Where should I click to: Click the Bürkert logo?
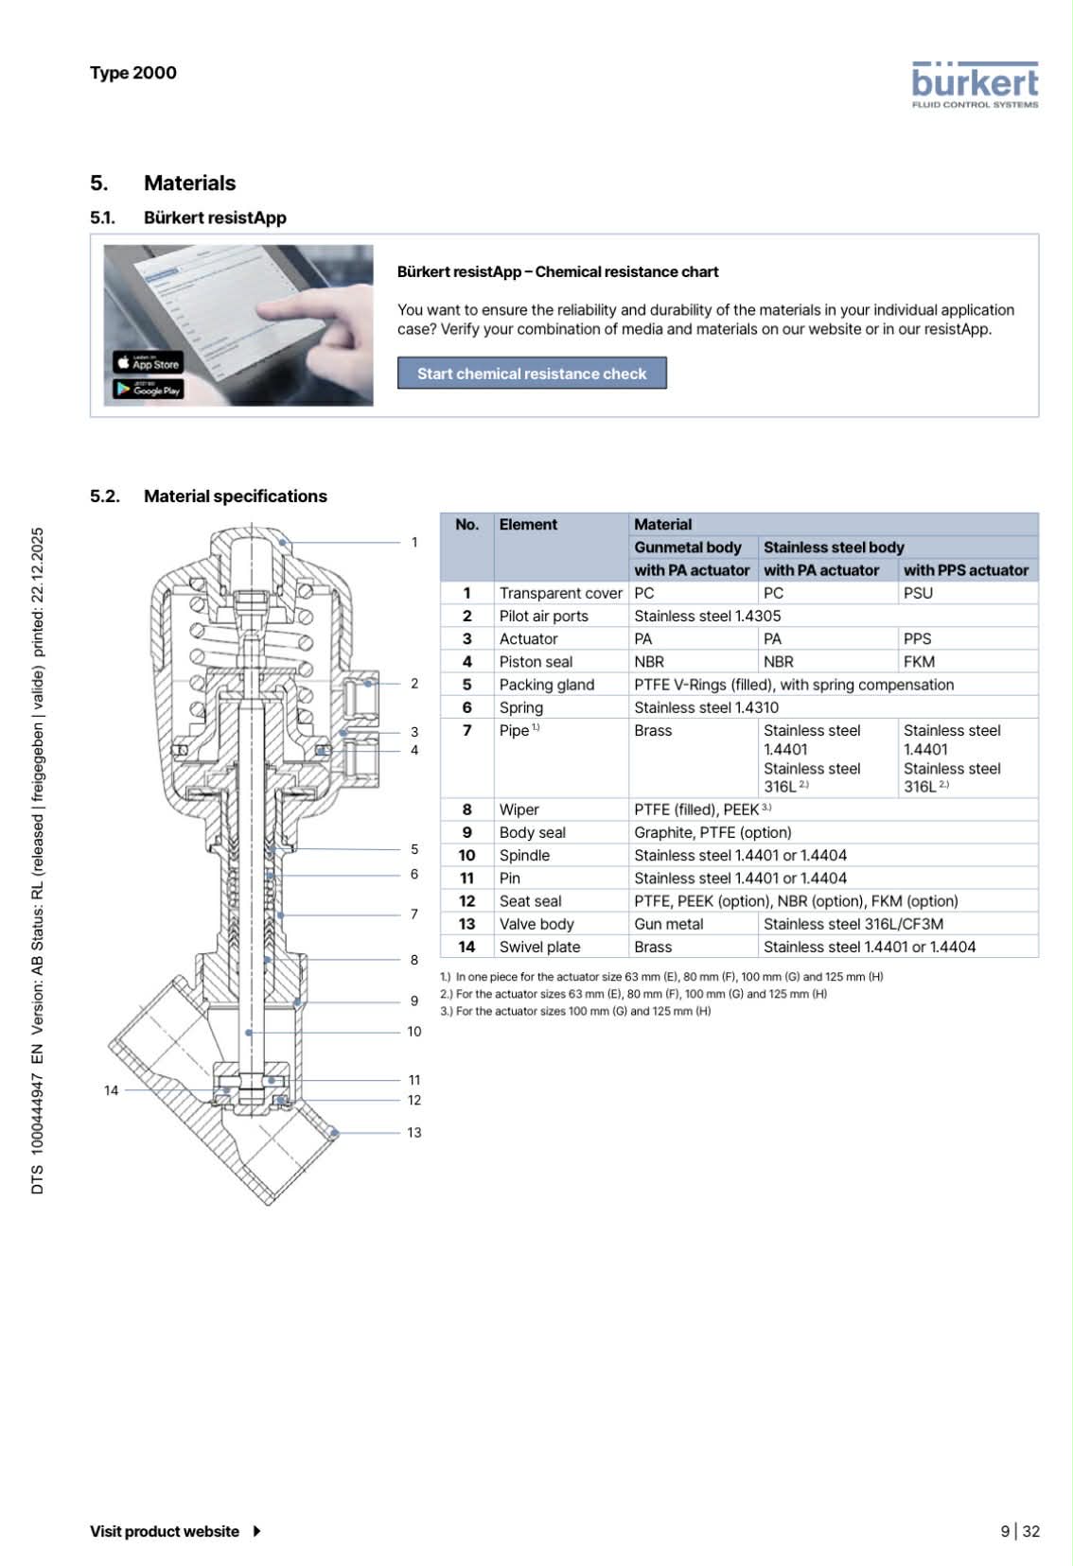point(975,85)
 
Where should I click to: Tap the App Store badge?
point(149,363)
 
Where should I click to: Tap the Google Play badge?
point(149,389)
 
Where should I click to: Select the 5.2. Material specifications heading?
point(208,496)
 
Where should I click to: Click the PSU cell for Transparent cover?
point(918,593)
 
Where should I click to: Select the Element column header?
point(528,525)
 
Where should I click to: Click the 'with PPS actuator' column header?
point(965,570)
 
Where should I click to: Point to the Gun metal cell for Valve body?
point(668,924)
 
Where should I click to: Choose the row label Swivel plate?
point(539,947)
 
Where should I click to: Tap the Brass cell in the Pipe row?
point(653,731)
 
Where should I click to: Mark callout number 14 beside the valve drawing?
point(111,1090)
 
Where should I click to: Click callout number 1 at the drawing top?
point(413,542)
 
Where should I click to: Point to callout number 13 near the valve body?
point(413,1132)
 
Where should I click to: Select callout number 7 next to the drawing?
point(413,914)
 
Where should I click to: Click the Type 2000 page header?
point(133,73)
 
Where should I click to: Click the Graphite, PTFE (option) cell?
point(712,832)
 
